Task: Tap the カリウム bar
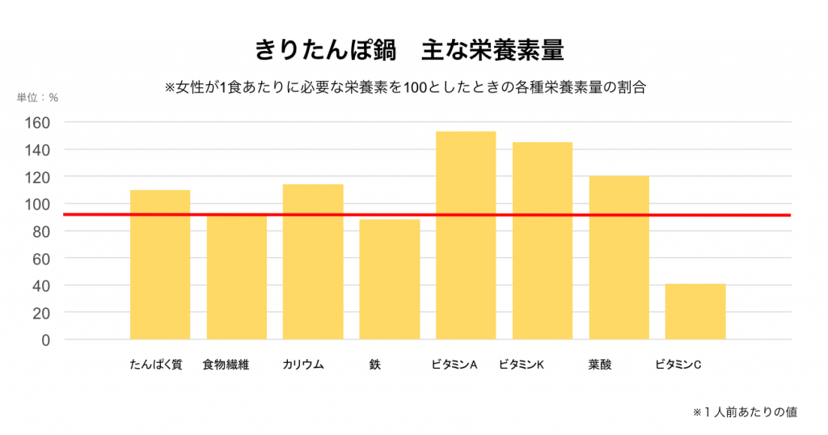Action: [313, 262]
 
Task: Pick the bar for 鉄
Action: [390, 279]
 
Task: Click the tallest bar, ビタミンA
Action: [466, 235]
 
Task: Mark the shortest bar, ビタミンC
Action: [695, 311]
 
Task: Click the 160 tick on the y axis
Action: [40, 123]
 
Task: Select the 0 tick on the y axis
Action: [46, 340]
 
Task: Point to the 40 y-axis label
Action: [43, 285]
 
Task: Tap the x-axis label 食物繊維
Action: [226, 365]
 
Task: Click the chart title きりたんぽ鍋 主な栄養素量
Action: [409, 49]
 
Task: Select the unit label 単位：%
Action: [38, 98]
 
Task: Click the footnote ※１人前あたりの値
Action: [746, 412]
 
